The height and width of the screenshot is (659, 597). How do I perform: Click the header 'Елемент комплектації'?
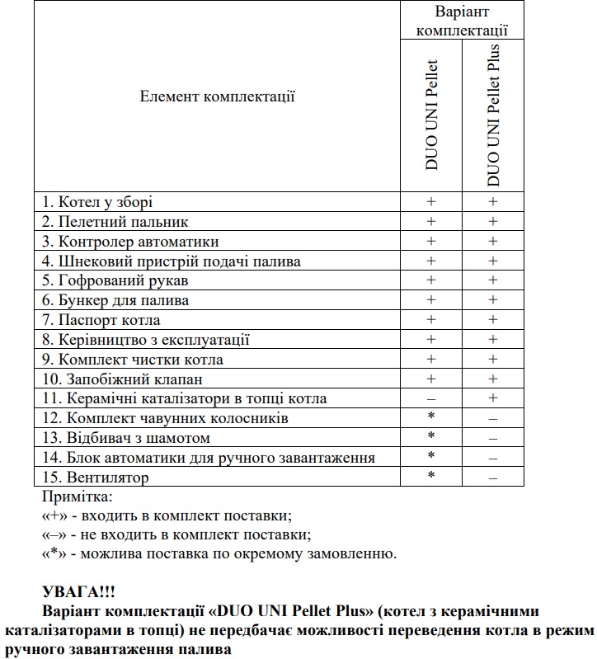(218, 97)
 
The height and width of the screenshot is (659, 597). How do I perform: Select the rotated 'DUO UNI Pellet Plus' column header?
(493, 115)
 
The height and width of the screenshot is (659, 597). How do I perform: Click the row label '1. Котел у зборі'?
(97, 202)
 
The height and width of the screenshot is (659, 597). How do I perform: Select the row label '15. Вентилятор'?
(96, 478)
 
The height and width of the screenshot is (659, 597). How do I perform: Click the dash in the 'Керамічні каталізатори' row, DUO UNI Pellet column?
(430, 399)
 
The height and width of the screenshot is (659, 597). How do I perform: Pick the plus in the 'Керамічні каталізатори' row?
(493, 399)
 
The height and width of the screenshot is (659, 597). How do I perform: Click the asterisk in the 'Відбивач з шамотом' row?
(430, 437)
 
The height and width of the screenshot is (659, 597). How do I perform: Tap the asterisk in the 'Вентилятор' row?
(430, 477)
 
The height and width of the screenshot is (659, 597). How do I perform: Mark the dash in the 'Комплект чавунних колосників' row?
(493, 419)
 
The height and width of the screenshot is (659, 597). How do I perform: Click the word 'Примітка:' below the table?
(76, 497)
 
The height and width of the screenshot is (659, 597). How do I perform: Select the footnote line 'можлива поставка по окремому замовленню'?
(219, 553)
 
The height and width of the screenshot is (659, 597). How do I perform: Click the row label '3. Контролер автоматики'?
(130, 242)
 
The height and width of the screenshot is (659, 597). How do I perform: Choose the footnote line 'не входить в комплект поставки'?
(176, 534)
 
